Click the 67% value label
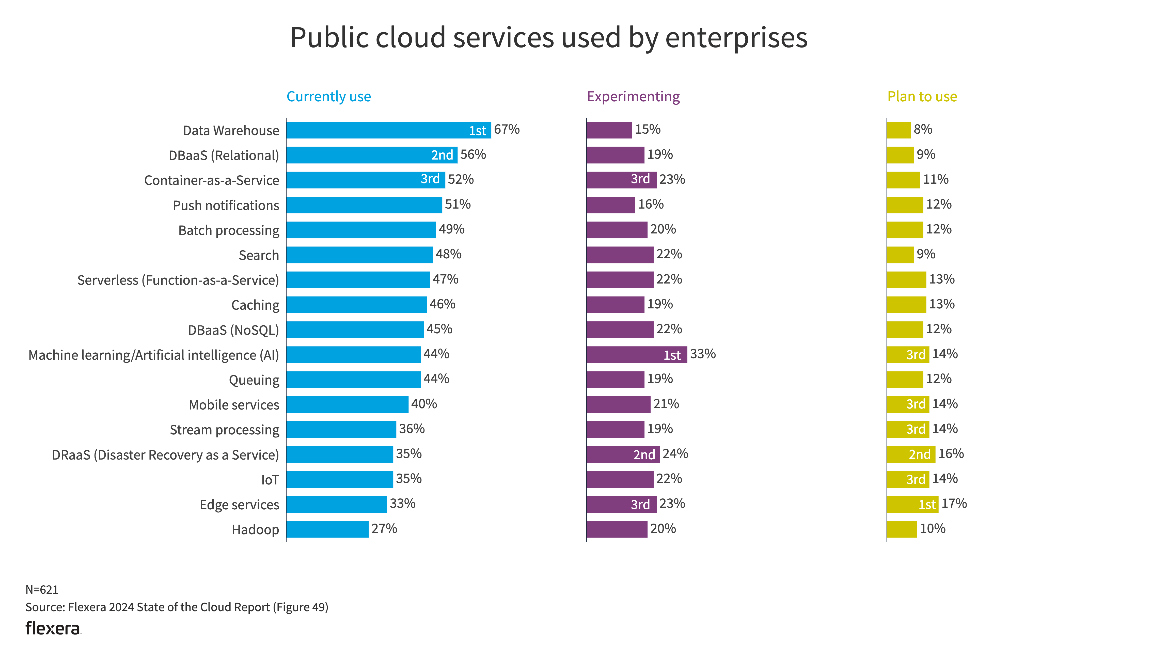pos(507,130)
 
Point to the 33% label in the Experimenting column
pos(702,354)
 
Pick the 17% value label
pos(954,504)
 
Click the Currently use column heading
pos(328,97)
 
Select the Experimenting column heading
pos(633,97)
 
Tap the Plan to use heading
pos(922,97)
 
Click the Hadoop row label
pos(255,529)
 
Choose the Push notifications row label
pos(226,205)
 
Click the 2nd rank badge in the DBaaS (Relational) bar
pos(442,155)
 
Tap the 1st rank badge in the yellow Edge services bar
pos(927,505)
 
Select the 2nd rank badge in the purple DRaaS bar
pos(644,455)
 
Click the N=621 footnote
pos(42,590)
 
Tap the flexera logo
pos(53,628)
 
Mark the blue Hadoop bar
pos(327,529)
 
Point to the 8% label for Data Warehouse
pos(923,130)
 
